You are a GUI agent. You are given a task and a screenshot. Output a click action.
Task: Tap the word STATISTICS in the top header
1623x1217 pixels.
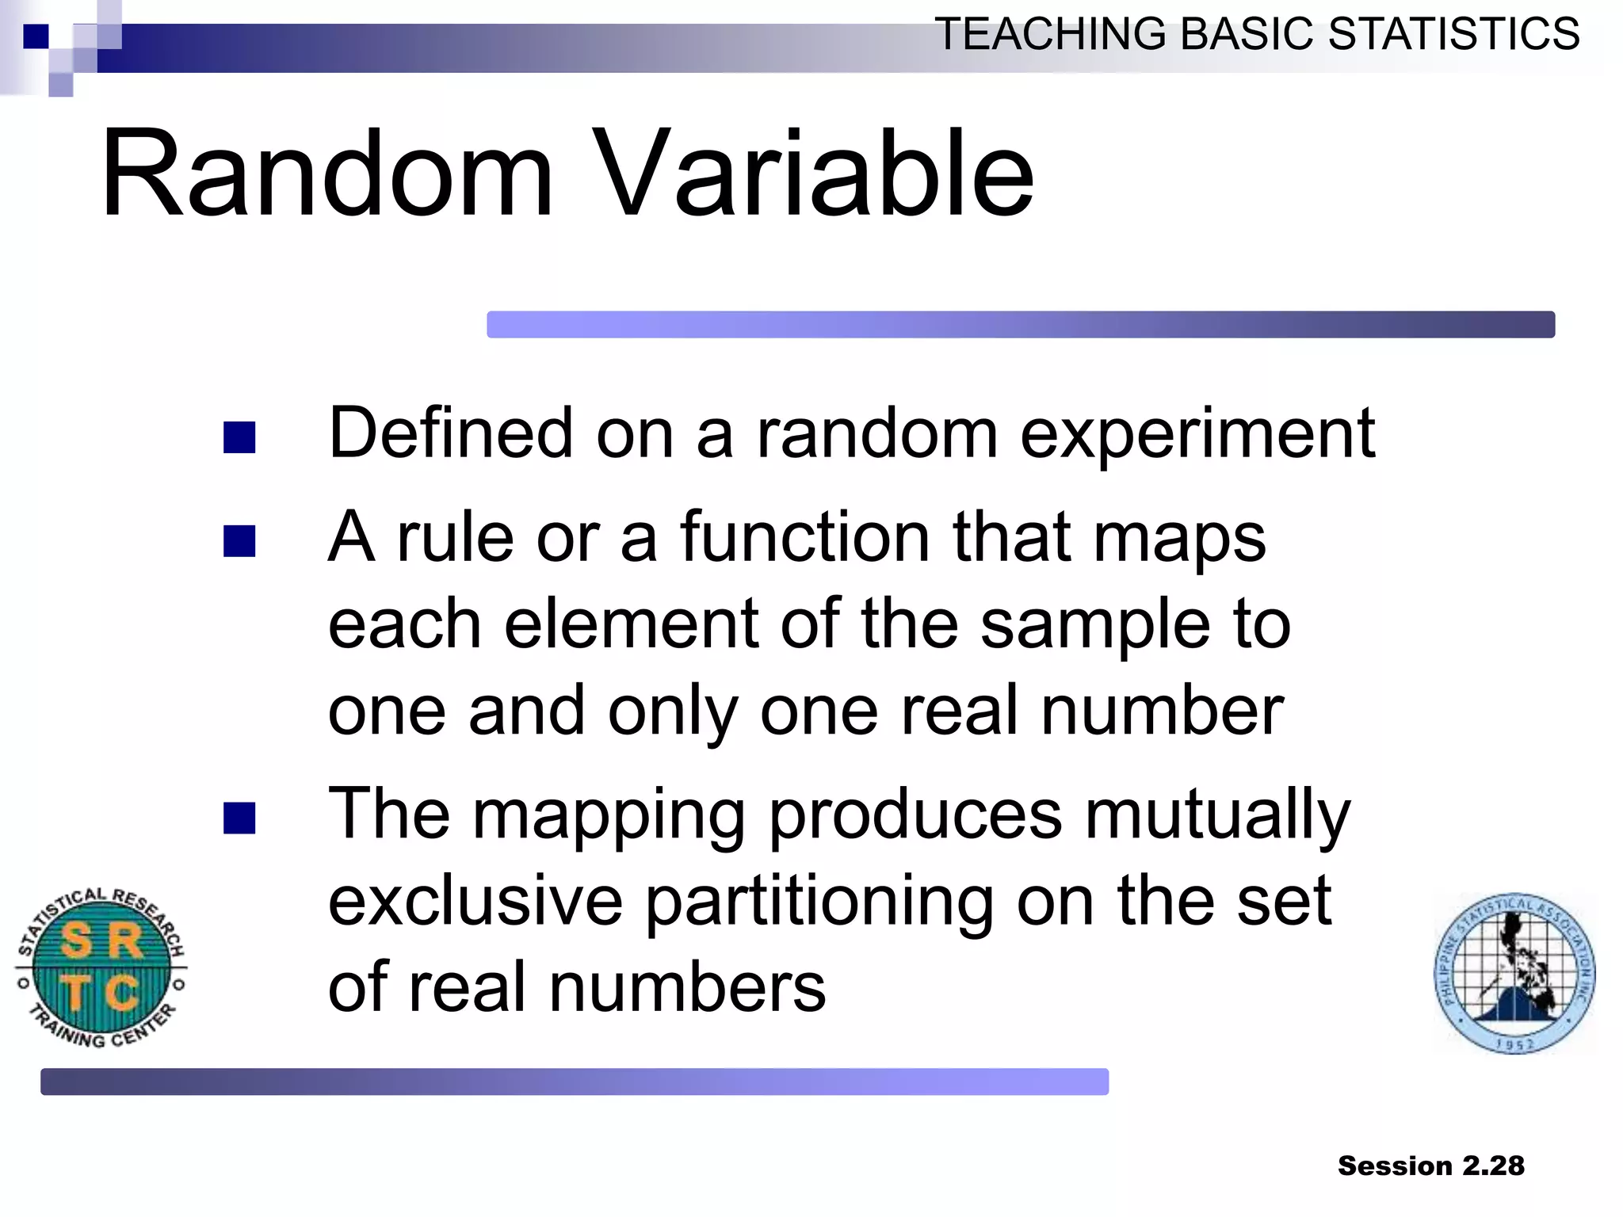pyautogui.click(x=1453, y=34)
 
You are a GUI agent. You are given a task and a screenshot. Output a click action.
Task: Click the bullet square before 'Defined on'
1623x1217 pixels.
pyautogui.click(x=239, y=437)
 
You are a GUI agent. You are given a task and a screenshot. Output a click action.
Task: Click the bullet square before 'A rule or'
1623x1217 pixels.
pyautogui.click(x=239, y=542)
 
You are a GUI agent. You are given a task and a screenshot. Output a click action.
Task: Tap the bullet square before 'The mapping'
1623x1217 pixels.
pyautogui.click(x=239, y=818)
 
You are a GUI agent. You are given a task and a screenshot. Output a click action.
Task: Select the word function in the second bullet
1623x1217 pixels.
pyautogui.click(x=804, y=537)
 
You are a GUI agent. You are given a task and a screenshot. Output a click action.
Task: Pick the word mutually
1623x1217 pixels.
pyautogui.click(x=1216, y=816)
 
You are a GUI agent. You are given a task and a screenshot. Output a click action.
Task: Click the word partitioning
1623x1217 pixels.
pyautogui.click(x=819, y=903)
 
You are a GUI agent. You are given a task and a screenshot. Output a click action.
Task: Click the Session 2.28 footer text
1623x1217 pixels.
pyautogui.click(x=1430, y=1165)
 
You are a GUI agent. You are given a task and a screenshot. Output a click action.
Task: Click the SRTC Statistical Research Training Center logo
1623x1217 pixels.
pyautogui.click(x=101, y=967)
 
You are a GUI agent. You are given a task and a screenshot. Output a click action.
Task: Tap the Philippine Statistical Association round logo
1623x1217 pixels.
pyautogui.click(x=1514, y=973)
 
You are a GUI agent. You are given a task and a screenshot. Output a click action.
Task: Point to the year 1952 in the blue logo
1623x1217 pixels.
pyautogui.click(x=1514, y=1044)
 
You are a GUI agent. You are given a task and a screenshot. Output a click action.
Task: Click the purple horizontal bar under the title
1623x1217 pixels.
pyautogui.click(x=1020, y=324)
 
